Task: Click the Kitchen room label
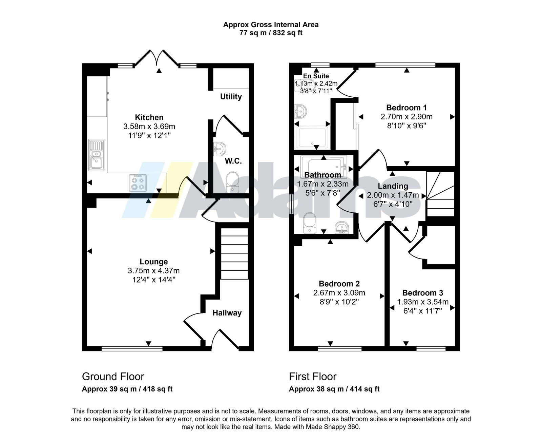pos(149,117)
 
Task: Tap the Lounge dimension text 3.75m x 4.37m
pos(154,271)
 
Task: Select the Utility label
pos(231,97)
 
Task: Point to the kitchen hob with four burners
pos(138,183)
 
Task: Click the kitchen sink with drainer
pos(97,155)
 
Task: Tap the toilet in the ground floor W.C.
pos(233,182)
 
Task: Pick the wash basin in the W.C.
pos(220,149)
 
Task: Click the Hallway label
pos(227,313)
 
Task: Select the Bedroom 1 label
pos(406,108)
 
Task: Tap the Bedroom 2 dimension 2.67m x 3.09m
pos(339,293)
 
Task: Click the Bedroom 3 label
pos(423,293)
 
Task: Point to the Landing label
pos(393,186)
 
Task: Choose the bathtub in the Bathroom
pos(324,167)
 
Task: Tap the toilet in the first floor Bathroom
pos(310,223)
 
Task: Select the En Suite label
pos(316,76)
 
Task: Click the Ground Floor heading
pos(113,377)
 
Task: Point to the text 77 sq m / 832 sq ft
pos(271,33)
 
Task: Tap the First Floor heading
pos(313,377)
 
